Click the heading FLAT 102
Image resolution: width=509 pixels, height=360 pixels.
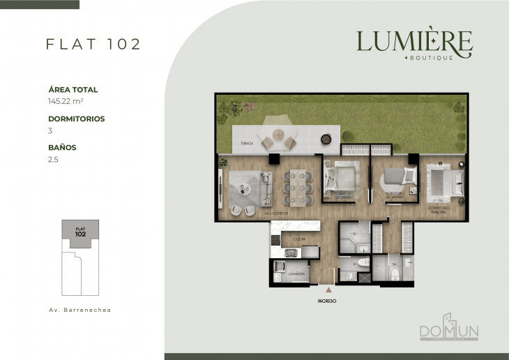click(x=93, y=44)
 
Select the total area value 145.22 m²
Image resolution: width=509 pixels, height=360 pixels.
click(x=66, y=101)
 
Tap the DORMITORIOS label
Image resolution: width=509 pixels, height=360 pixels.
click(x=77, y=119)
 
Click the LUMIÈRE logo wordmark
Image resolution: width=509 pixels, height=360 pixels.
click(x=414, y=41)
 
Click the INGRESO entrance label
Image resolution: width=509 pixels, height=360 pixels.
click(x=326, y=301)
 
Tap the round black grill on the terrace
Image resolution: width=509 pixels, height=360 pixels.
click(x=326, y=139)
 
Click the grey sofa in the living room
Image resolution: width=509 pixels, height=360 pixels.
click(x=265, y=187)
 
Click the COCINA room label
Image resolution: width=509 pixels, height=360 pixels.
click(x=298, y=239)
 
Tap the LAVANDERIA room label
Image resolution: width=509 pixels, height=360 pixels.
click(x=298, y=276)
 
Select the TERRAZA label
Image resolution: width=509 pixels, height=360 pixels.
click(x=247, y=144)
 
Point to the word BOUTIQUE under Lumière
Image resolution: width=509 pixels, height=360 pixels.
click(x=434, y=58)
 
